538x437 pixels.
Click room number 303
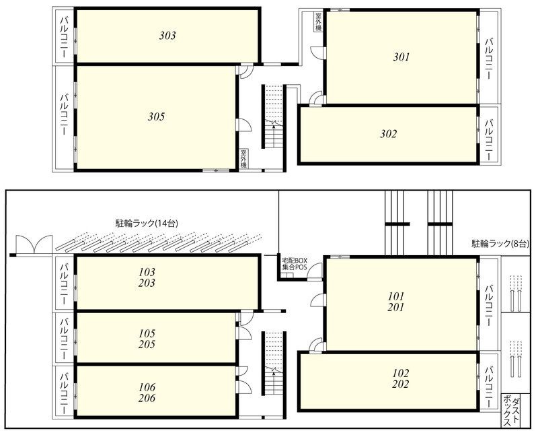point(167,36)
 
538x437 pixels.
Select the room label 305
point(156,116)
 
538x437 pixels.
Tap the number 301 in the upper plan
point(401,57)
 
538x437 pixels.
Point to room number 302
point(388,133)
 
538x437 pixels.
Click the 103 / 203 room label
point(147,277)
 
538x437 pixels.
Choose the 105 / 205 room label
point(147,339)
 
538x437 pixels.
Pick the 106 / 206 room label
point(147,392)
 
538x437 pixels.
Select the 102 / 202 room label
point(401,378)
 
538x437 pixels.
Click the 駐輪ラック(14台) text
point(147,223)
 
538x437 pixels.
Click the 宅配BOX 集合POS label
point(294,264)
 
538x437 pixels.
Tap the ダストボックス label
point(514,412)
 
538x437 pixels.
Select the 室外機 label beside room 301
point(317,23)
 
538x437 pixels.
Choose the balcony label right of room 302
point(489,140)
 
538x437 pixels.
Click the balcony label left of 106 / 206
point(63,390)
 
